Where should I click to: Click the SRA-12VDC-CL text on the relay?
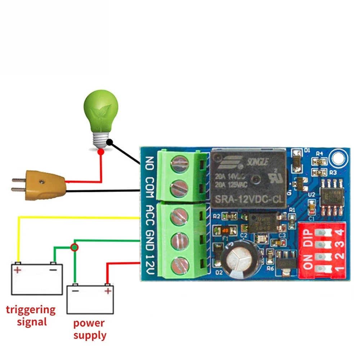click(x=248, y=199)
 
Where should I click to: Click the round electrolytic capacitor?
click(x=239, y=259)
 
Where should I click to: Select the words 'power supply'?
click(x=89, y=329)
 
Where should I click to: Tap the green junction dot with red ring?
click(x=74, y=247)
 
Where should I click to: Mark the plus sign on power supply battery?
click(x=107, y=291)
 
